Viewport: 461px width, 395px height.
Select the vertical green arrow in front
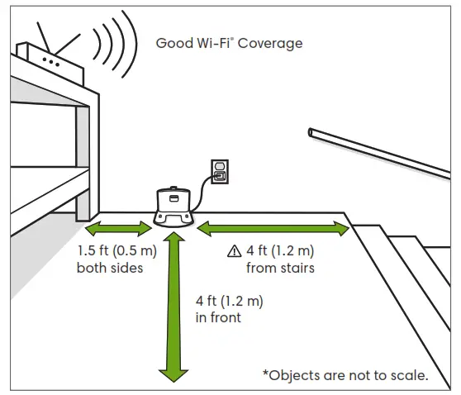pos(173,306)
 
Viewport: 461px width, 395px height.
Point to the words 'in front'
pos(219,317)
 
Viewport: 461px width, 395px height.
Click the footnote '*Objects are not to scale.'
pos(345,375)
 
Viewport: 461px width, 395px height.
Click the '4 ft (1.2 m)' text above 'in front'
pos(233,301)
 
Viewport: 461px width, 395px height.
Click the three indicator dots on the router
pos(51,61)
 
